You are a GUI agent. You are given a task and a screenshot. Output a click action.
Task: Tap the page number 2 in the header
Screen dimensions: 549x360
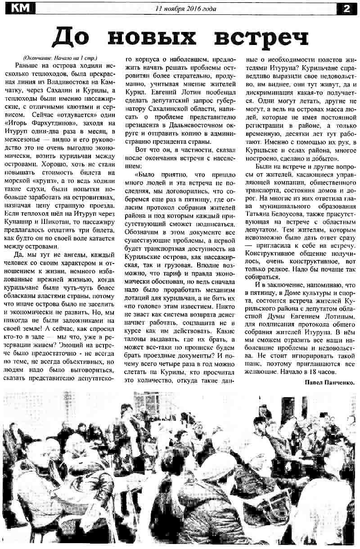tap(347, 8)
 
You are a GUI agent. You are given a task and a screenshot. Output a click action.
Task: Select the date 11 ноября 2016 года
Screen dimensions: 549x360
tap(185, 9)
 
